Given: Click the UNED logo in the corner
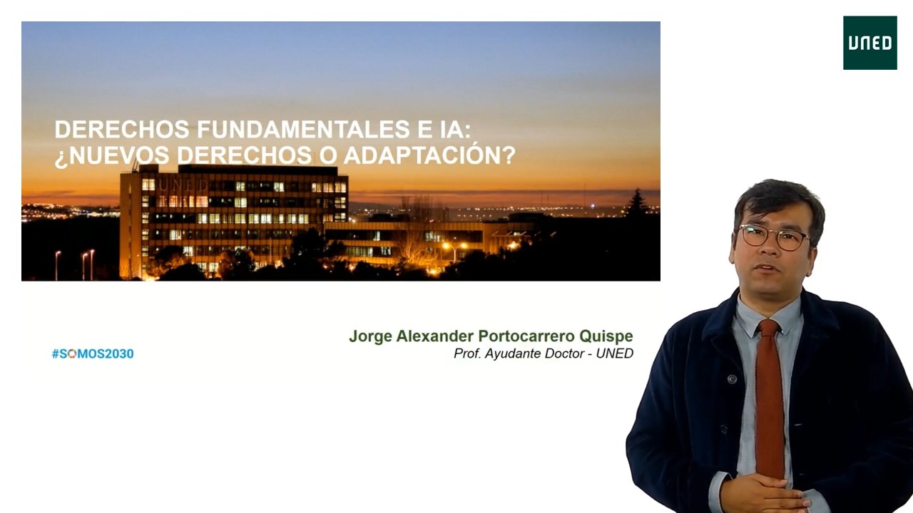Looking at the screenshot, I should tap(869, 43).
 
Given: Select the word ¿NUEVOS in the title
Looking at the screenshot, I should tap(111, 155).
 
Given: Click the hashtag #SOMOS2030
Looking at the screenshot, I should tap(93, 353).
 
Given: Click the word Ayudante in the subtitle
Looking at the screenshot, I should tap(514, 353).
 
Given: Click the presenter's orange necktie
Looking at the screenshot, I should tap(770, 406).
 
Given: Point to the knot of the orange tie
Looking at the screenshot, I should tap(768, 329).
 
